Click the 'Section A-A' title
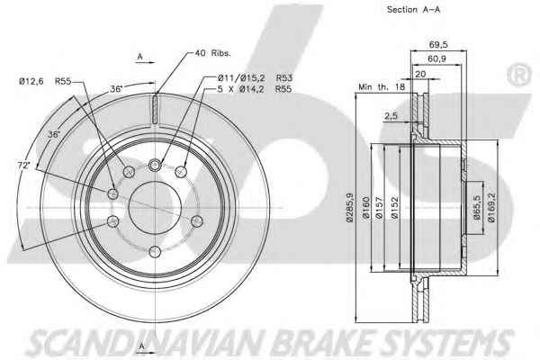(x=413, y=10)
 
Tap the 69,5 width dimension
(x=438, y=44)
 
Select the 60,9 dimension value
(x=436, y=58)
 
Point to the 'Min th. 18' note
(x=382, y=86)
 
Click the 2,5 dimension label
(x=391, y=116)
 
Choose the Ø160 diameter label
(x=365, y=207)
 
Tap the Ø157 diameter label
(x=379, y=207)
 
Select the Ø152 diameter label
(x=394, y=207)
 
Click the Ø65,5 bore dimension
(x=476, y=207)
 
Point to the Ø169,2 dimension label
(x=491, y=207)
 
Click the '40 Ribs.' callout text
(x=212, y=53)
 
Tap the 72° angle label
(x=23, y=166)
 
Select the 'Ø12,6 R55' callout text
(x=45, y=81)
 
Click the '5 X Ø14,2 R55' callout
(x=255, y=89)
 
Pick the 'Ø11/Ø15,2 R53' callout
(x=255, y=78)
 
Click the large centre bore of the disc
(x=155, y=208)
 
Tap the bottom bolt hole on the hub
(x=155, y=252)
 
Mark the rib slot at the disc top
(x=155, y=110)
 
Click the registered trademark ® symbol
(x=519, y=74)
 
